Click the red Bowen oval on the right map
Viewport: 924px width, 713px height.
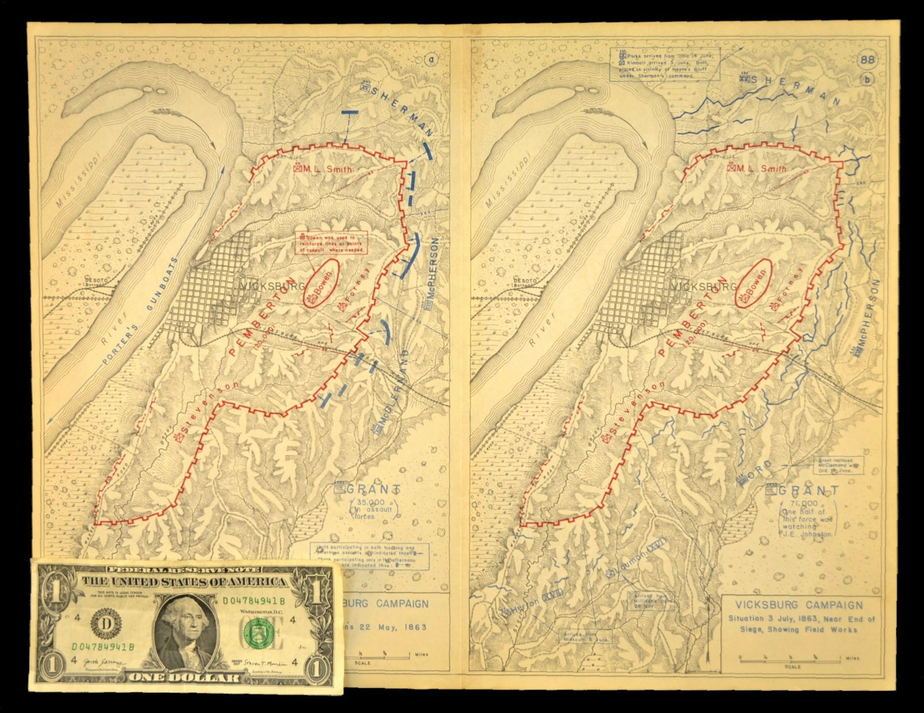pyautogui.click(x=754, y=281)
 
